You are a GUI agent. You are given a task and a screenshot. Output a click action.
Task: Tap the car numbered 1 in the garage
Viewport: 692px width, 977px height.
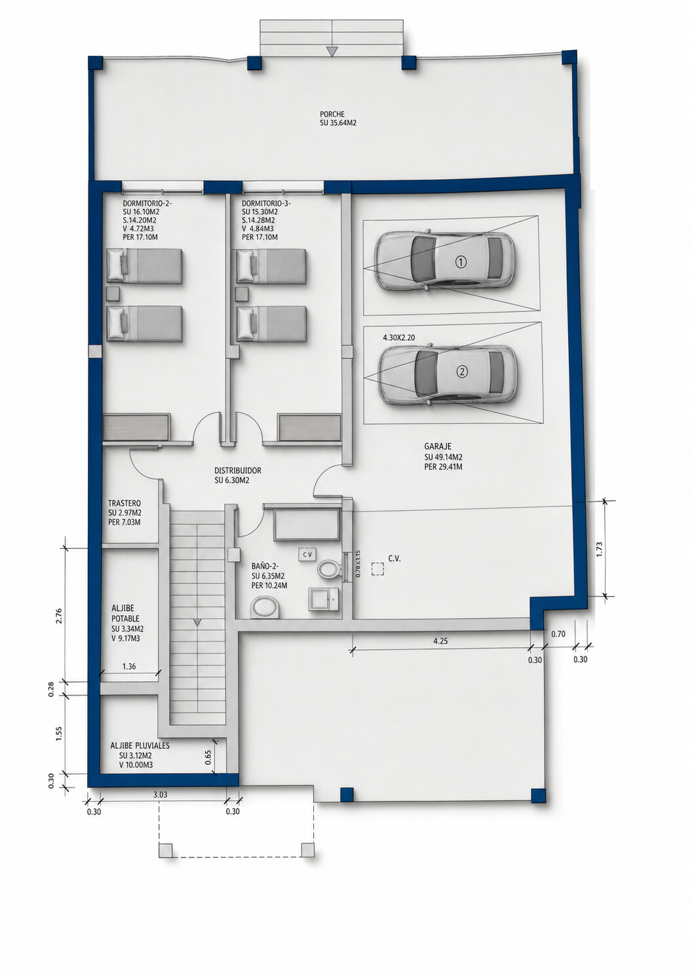point(445,260)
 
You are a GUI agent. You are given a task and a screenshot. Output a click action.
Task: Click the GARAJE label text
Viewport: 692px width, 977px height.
point(438,447)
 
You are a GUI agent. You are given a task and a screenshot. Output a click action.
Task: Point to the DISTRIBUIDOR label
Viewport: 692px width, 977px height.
point(237,471)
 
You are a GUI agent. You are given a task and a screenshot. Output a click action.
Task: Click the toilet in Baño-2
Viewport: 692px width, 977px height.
point(328,568)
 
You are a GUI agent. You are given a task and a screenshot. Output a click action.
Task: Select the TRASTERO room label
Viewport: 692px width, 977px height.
point(125,504)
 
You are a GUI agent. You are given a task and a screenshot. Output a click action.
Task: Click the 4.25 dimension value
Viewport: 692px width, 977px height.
point(440,641)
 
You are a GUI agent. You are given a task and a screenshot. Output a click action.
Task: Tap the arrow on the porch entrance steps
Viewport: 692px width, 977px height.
point(332,51)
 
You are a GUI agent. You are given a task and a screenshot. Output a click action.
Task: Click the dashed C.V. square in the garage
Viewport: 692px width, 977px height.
point(378,570)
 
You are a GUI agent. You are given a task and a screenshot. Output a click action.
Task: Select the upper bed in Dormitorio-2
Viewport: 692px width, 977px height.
point(144,266)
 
